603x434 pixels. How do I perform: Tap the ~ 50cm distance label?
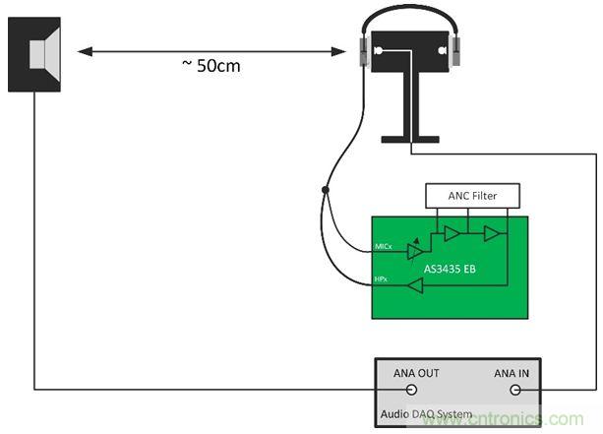211,66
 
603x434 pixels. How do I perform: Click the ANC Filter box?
471,195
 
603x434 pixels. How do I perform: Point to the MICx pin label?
384,244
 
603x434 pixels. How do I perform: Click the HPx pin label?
383,280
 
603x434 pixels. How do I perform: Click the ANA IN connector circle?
513,389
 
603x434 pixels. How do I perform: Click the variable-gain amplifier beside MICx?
415,250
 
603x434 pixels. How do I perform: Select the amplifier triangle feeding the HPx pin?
416,285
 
